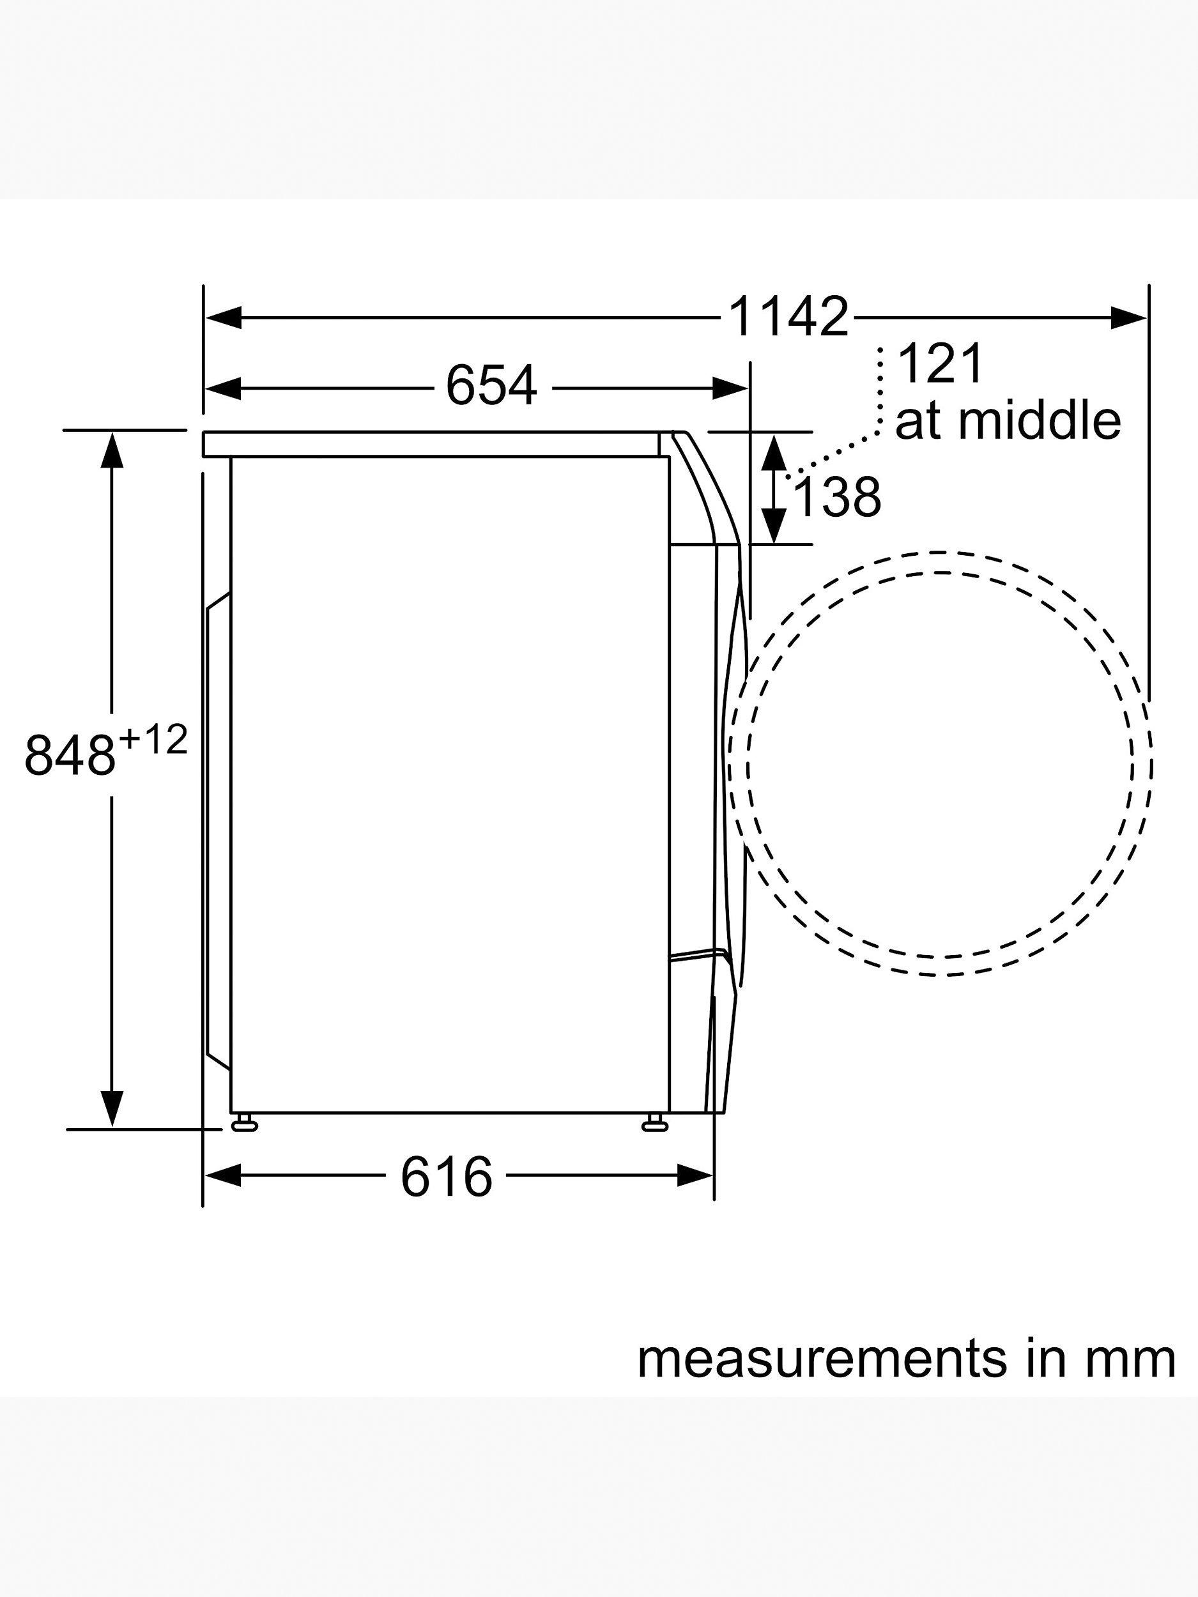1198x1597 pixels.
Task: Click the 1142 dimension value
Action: coord(789,317)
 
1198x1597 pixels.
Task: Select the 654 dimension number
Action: coord(492,386)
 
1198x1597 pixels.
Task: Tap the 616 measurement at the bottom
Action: coord(446,1177)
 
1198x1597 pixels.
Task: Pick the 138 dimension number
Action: coord(837,497)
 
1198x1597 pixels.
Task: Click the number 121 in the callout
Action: coord(941,365)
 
